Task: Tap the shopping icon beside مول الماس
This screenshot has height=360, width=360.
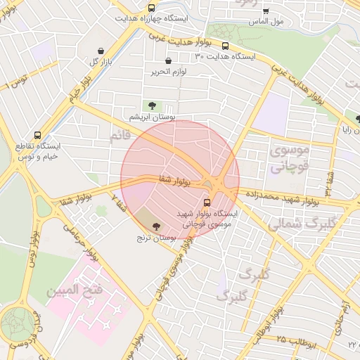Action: [266, 11]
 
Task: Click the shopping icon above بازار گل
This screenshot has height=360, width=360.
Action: [103, 51]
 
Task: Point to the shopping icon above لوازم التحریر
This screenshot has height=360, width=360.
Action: [168, 60]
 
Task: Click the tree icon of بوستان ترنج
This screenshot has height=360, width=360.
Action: [155, 226]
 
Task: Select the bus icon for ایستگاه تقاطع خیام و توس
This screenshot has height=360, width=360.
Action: [37, 135]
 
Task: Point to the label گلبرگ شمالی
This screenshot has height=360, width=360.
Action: [302, 224]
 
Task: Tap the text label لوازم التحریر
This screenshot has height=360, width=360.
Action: [169, 71]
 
